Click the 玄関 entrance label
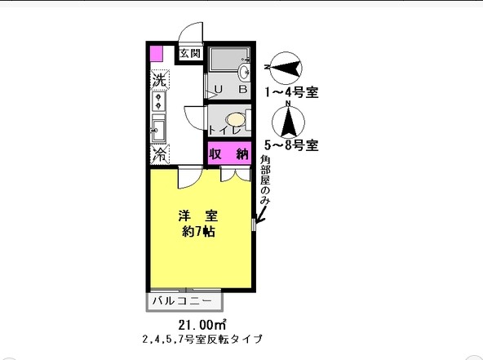[x=189, y=54]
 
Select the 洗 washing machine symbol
[x=160, y=82]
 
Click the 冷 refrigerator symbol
[x=160, y=153]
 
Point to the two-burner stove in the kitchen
[x=159, y=102]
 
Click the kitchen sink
[x=159, y=128]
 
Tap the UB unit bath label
[x=230, y=89]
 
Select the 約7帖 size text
[x=199, y=232]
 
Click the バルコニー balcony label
[x=183, y=302]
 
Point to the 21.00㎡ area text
[x=200, y=324]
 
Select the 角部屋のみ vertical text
[x=264, y=180]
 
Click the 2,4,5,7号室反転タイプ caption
[x=200, y=338]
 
